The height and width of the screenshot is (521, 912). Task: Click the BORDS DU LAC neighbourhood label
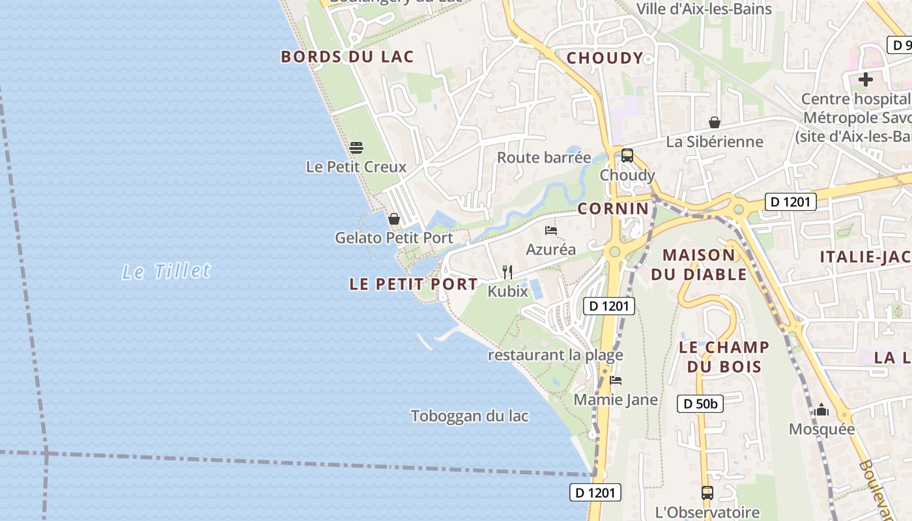[347, 57]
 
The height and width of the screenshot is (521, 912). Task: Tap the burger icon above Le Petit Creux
[356, 148]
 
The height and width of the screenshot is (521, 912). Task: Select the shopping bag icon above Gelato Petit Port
[393, 219]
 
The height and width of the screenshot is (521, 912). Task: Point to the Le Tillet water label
[167, 271]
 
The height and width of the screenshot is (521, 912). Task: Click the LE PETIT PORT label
[414, 284]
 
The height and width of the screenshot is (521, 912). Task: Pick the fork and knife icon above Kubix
[507, 272]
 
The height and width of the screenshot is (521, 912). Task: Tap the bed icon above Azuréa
[551, 231]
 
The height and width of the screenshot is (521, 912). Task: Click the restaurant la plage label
[556, 355]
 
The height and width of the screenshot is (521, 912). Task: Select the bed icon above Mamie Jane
[616, 380]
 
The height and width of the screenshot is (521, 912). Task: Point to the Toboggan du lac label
[470, 415]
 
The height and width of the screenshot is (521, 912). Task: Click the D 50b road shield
[700, 404]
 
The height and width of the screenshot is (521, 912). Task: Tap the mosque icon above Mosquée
[821, 410]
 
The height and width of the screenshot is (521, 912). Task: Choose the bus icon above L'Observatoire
[707, 493]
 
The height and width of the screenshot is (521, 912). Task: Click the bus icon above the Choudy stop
[627, 156]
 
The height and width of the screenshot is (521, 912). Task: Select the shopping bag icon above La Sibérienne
[715, 122]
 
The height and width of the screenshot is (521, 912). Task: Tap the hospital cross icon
[866, 80]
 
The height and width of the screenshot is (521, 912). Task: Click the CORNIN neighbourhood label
[613, 208]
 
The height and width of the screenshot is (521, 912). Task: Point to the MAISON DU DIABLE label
[699, 264]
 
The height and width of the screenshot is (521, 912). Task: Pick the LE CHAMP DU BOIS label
[724, 356]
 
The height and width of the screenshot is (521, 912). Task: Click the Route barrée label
[544, 158]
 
